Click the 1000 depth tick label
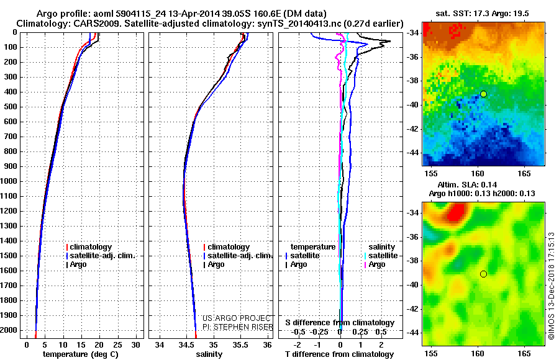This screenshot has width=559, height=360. pyautogui.click(x=11, y=181)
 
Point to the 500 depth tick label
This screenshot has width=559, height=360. pyautogui.click(x=12, y=107)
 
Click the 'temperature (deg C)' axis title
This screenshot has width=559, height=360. pyautogui.click(x=80, y=354)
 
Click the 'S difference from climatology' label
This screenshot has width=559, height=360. pyautogui.click(x=340, y=323)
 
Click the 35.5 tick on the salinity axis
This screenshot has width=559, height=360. pyautogui.click(x=240, y=344)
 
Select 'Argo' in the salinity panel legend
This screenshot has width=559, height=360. pyautogui.click(x=216, y=264)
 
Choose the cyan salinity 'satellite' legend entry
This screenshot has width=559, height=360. pyautogui.click(x=381, y=256)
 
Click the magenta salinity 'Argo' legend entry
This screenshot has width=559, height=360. pyautogui.click(x=377, y=264)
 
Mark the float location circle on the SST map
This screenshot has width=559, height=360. pyautogui.click(x=483, y=94)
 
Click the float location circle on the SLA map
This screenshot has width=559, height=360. pyautogui.click(x=483, y=274)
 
